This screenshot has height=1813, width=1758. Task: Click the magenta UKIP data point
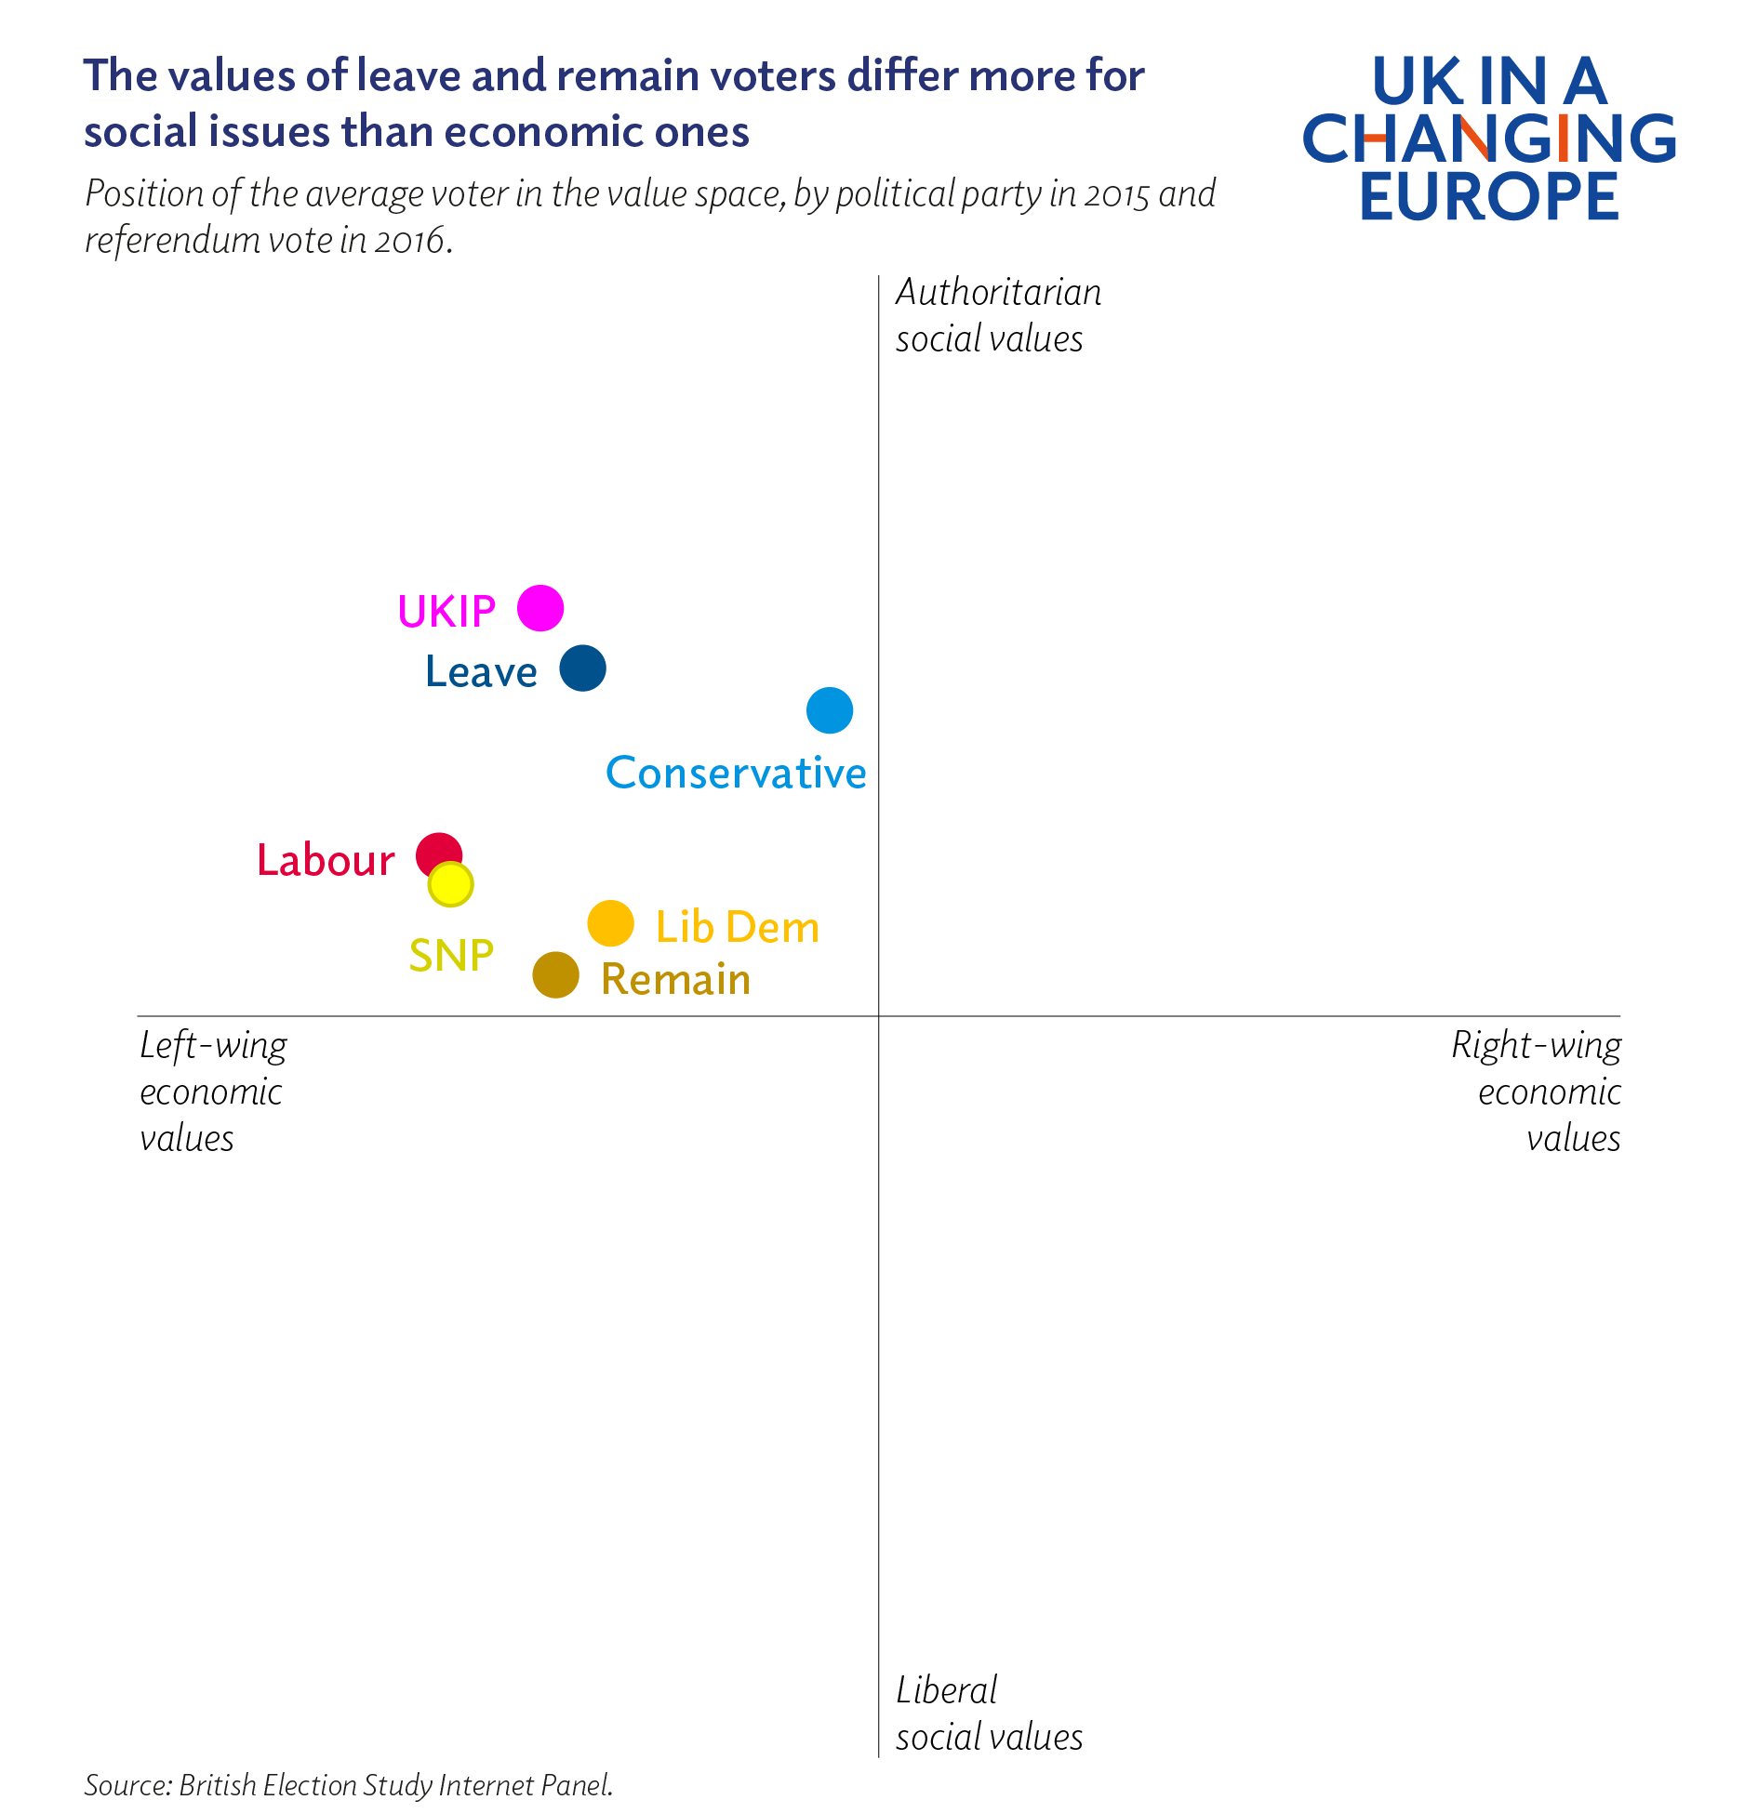[x=540, y=608]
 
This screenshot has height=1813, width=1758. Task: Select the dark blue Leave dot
[x=583, y=668]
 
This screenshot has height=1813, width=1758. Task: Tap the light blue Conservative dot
[x=830, y=711]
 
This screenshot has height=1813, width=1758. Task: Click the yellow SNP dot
[x=451, y=885]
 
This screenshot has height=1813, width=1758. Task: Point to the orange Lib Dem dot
[x=611, y=924]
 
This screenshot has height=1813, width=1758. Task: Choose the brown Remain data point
[x=556, y=975]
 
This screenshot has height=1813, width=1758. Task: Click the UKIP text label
[x=446, y=612]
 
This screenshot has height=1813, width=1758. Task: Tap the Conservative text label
[x=736, y=774]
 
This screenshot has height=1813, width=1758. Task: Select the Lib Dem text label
[x=738, y=928]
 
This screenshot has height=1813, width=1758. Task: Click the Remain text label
[x=676, y=980]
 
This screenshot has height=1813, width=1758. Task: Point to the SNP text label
[x=451, y=956]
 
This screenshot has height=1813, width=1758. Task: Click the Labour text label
[x=326, y=861]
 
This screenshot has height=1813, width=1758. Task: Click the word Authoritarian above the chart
[x=998, y=293]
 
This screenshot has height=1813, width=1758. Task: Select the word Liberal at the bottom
[x=946, y=1690]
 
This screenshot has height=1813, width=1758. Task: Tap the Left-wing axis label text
[x=213, y=1046]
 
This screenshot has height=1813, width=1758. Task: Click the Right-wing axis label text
[x=1536, y=1046]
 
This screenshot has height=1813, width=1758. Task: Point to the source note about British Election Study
[x=349, y=1785]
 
